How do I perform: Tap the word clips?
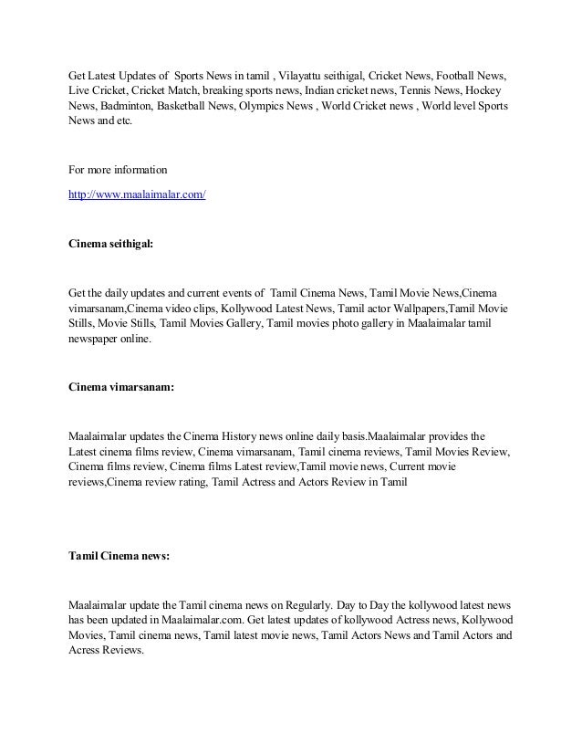coord(212,309)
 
